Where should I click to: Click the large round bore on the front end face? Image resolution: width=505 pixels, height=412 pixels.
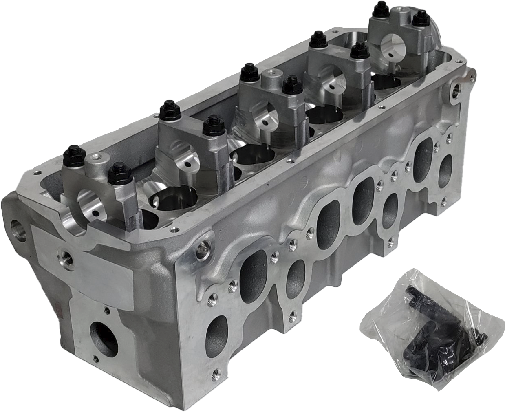(104, 339)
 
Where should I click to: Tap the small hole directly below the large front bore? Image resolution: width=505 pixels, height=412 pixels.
(96, 359)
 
